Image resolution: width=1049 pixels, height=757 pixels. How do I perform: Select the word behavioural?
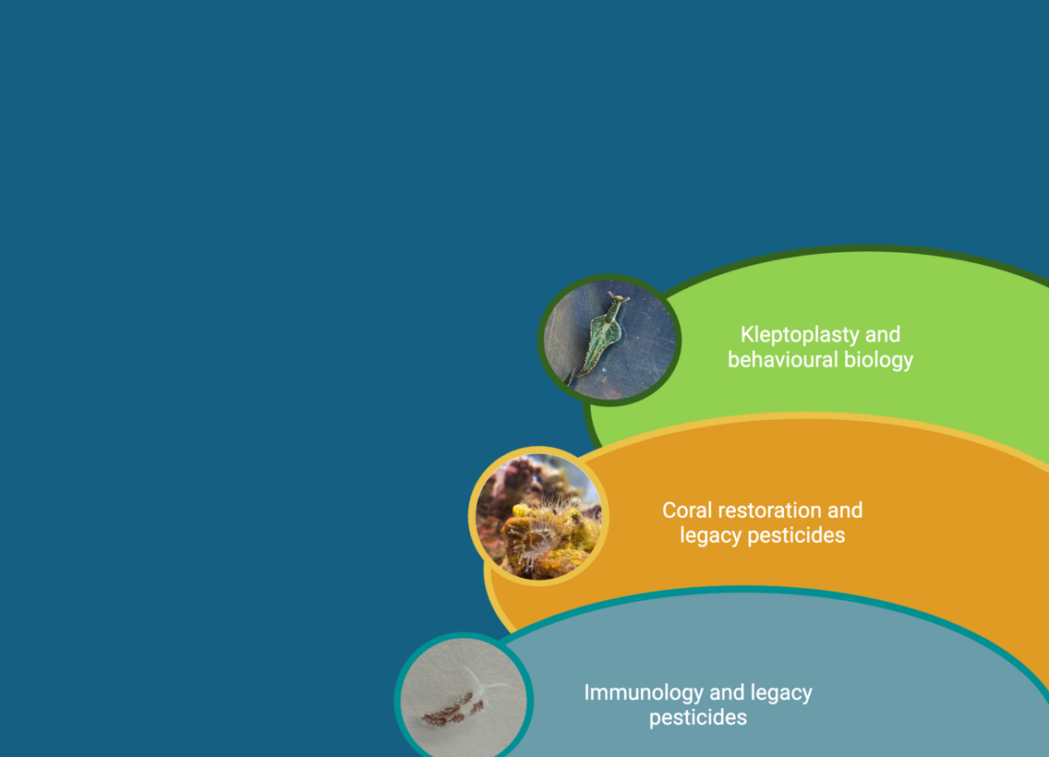coord(783,360)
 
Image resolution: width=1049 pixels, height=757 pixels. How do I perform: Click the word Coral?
coord(686,511)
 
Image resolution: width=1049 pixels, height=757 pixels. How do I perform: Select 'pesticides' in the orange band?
coord(796,535)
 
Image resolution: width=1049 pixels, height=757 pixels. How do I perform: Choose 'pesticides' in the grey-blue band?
coord(698,718)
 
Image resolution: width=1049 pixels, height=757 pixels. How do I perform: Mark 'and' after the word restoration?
coord(845,511)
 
